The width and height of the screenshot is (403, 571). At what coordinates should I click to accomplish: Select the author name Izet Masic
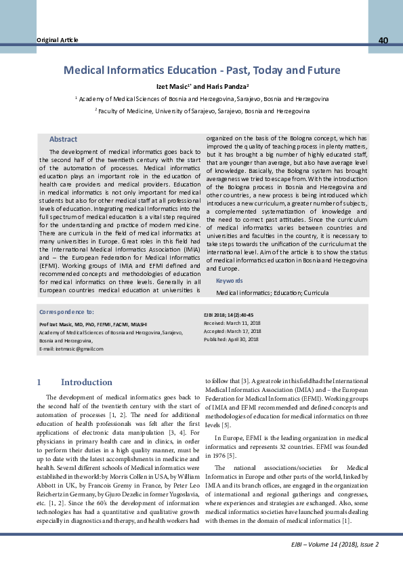tap(169, 87)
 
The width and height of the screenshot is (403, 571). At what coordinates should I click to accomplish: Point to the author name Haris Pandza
tap(227, 87)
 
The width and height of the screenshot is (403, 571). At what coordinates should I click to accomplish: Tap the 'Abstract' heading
tap(63, 139)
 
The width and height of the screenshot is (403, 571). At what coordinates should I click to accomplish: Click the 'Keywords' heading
tap(229, 281)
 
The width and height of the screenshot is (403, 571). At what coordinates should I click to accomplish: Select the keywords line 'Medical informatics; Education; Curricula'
tap(263, 293)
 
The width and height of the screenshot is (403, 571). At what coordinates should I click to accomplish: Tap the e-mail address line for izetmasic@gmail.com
tap(71, 349)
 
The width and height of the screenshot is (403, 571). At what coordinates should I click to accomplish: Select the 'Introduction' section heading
tap(87, 382)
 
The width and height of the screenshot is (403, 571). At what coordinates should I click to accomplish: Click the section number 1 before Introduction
tap(40, 382)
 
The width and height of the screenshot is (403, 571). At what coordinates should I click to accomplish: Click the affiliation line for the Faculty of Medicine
tap(203, 110)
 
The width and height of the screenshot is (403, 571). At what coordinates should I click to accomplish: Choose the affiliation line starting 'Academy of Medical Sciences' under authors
tap(203, 99)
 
